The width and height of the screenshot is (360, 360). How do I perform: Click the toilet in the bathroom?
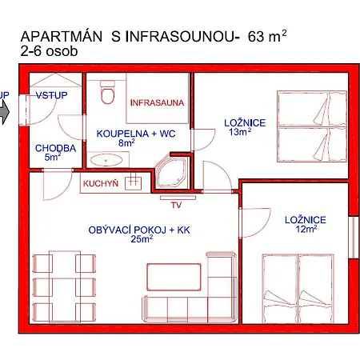[108, 92]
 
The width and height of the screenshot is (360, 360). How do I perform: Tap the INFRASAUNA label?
[157, 102]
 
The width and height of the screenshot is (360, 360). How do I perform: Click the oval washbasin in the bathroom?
[106, 161]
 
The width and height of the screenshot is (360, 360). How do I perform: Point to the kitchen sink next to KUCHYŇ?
[134, 183]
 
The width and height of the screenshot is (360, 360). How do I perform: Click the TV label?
[177, 205]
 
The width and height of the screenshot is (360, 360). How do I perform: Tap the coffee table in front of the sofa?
[174, 277]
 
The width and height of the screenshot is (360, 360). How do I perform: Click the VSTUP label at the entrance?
[51, 95]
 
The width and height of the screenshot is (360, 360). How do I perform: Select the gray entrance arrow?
[4, 113]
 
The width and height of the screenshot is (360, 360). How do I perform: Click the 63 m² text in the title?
[267, 36]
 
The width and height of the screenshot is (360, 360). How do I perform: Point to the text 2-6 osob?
[49, 51]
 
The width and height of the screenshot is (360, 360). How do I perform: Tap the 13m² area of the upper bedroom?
[240, 131]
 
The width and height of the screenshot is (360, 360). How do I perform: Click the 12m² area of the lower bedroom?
[306, 229]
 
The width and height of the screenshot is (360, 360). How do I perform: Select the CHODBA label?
[55, 148]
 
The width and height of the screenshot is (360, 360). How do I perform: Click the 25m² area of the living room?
[142, 239]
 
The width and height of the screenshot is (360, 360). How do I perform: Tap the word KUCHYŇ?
[101, 183]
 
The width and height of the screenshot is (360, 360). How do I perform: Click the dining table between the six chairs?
[65, 286]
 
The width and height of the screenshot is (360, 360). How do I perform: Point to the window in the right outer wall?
[354, 238]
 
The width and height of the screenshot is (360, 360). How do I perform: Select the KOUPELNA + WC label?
[136, 134]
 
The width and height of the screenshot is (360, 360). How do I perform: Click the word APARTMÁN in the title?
[62, 36]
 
